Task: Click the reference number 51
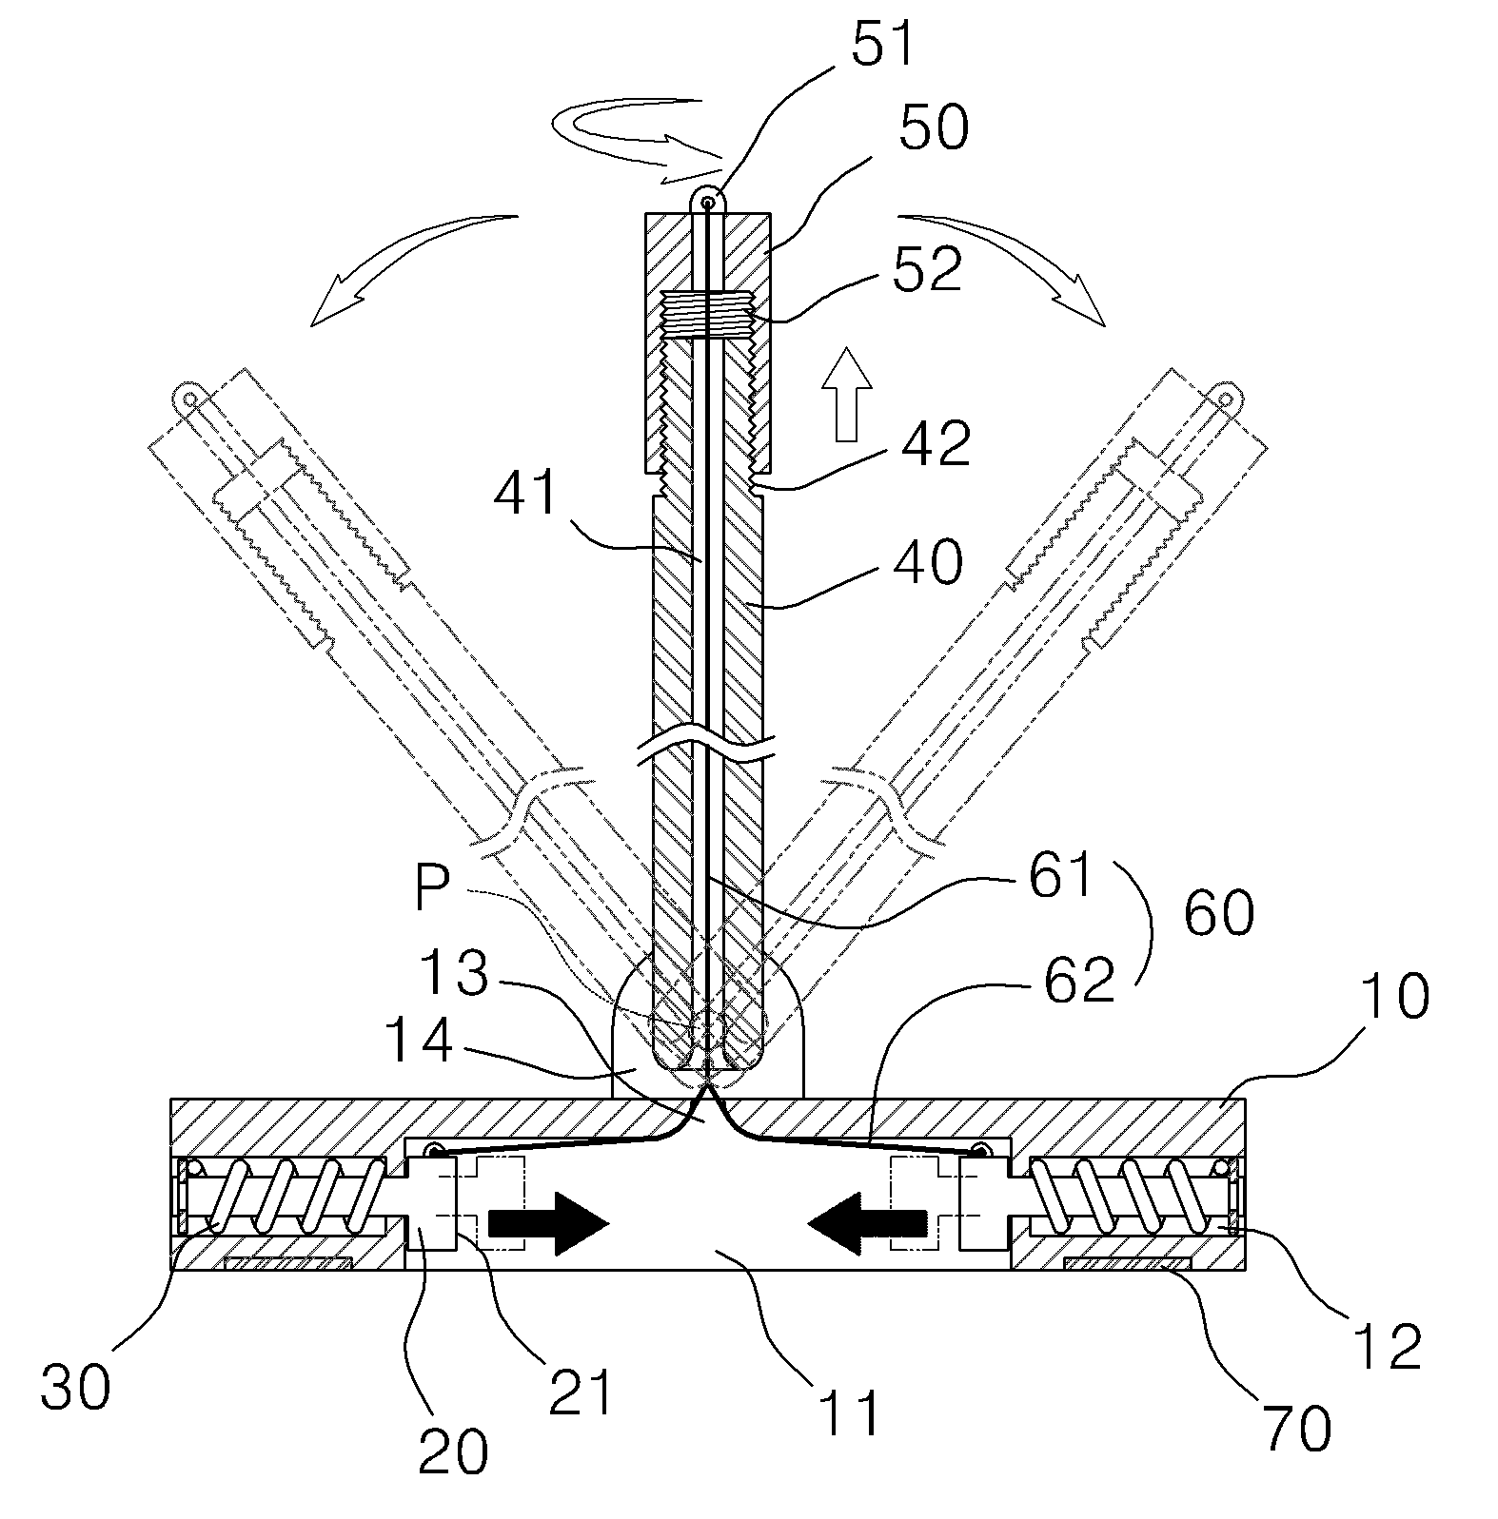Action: point(882,45)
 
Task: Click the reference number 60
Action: point(1219,913)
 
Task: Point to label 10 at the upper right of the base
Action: point(1395,995)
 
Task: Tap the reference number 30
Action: point(75,1387)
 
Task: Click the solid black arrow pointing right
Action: point(548,1221)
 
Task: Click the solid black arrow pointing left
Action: point(866,1221)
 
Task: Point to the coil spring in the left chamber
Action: point(285,1196)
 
